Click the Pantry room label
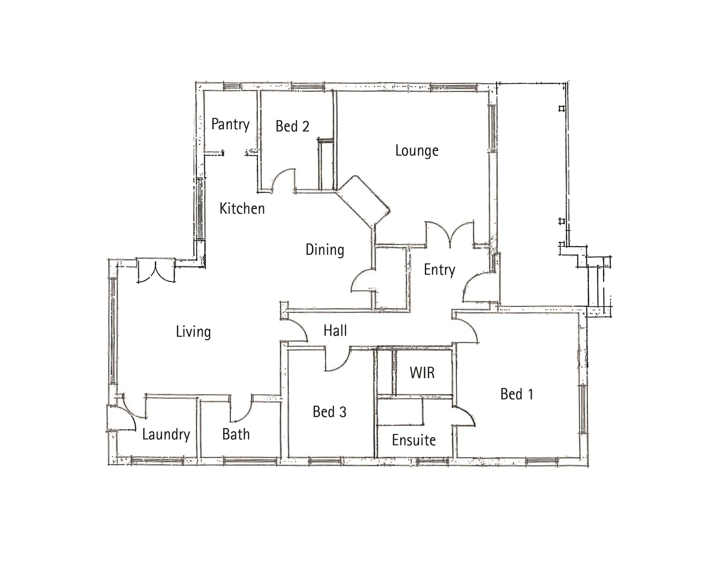point(230,124)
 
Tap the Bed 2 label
point(292,126)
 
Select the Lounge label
point(416,151)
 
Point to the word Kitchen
point(242,209)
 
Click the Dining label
point(324,250)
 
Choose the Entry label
point(439,270)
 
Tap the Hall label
point(335,330)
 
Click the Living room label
point(193,332)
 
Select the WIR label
point(422,373)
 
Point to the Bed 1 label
point(517,394)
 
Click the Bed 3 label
point(329,412)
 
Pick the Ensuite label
point(414,440)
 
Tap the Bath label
point(235,434)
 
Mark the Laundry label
point(166,435)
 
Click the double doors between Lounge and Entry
point(450,234)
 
